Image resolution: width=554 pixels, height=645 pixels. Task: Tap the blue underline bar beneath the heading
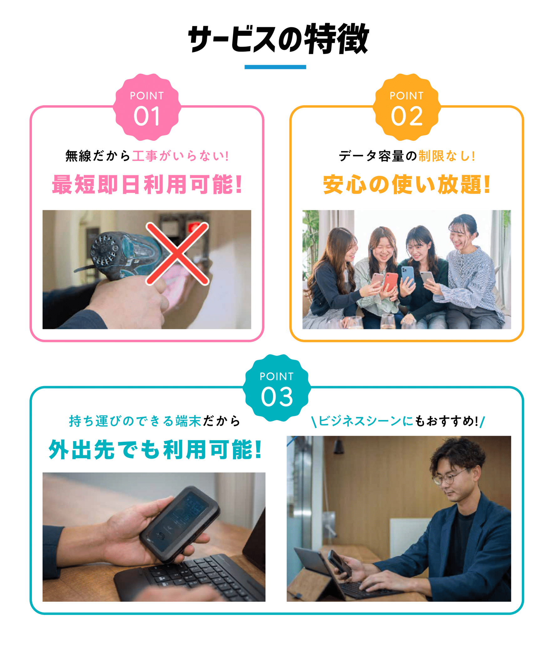tap(275, 67)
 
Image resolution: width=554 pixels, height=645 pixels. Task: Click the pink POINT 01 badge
tap(147, 107)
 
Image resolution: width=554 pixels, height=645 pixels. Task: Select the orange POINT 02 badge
tap(406, 107)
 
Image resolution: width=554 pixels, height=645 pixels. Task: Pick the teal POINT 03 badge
tap(277, 388)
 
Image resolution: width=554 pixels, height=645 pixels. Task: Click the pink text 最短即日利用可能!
tap(147, 184)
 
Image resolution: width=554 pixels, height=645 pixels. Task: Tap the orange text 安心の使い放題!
tap(406, 184)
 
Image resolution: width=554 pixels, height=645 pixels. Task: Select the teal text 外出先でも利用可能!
tap(155, 449)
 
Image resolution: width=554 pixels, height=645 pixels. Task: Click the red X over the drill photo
tap(177, 253)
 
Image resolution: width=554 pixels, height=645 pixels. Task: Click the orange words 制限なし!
tap(447, 156)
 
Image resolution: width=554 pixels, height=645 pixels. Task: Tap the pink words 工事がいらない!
tap(180, 156)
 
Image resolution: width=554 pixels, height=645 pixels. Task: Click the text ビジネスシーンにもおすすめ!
tap(398, 421)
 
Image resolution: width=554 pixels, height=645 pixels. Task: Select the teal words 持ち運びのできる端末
tap(135, 421)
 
